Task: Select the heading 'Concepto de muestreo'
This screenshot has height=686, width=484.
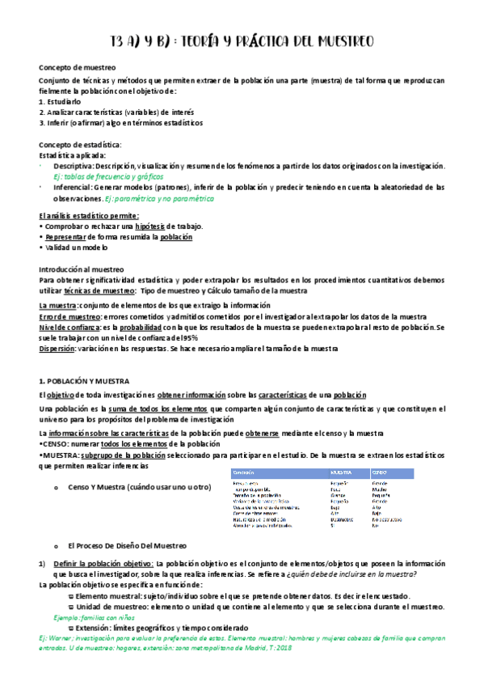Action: [78, 68]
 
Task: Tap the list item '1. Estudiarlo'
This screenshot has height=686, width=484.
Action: [61, 102]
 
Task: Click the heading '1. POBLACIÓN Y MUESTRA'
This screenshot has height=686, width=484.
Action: [90, 379]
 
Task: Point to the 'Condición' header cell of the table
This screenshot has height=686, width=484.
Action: [243, 471]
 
